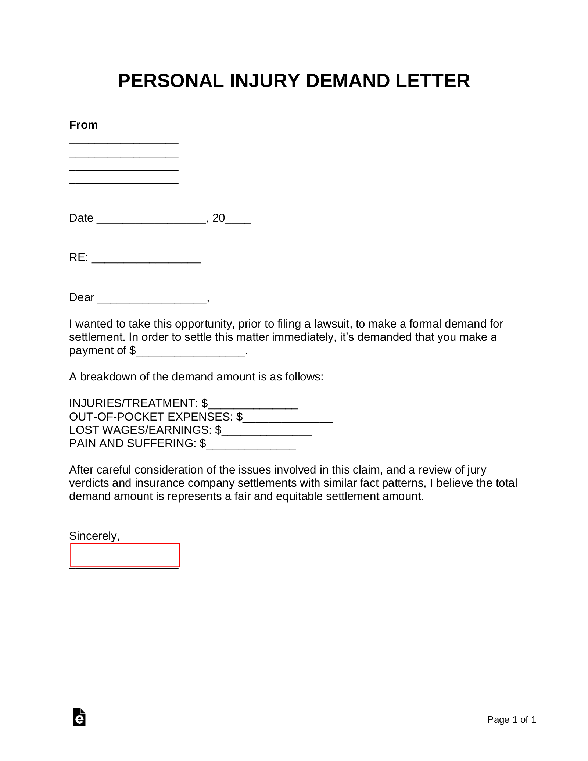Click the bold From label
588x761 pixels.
[x=83, y=125]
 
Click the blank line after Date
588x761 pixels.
[x=151, y=220]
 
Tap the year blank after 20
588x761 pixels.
[x=238, y=220]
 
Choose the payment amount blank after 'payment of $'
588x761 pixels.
[x=190, y=352]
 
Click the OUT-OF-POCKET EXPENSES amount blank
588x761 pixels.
[x=288, y=418]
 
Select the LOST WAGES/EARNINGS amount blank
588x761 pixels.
[x=267, y=432]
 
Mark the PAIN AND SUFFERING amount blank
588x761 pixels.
[x=251, y=445]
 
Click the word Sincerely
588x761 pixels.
[x=94, y=536]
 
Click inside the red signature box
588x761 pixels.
[x=125, y=555]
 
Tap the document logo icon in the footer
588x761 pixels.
[x=79, y=717]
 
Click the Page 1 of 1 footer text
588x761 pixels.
[x=512, y=719]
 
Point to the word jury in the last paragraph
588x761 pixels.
[x=477, y=470]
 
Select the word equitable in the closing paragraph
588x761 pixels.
[x=300, y=496]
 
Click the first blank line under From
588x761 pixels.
[x=124, y=142]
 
